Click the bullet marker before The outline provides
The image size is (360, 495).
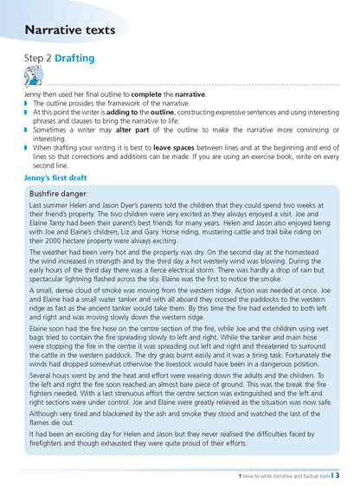25,103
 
